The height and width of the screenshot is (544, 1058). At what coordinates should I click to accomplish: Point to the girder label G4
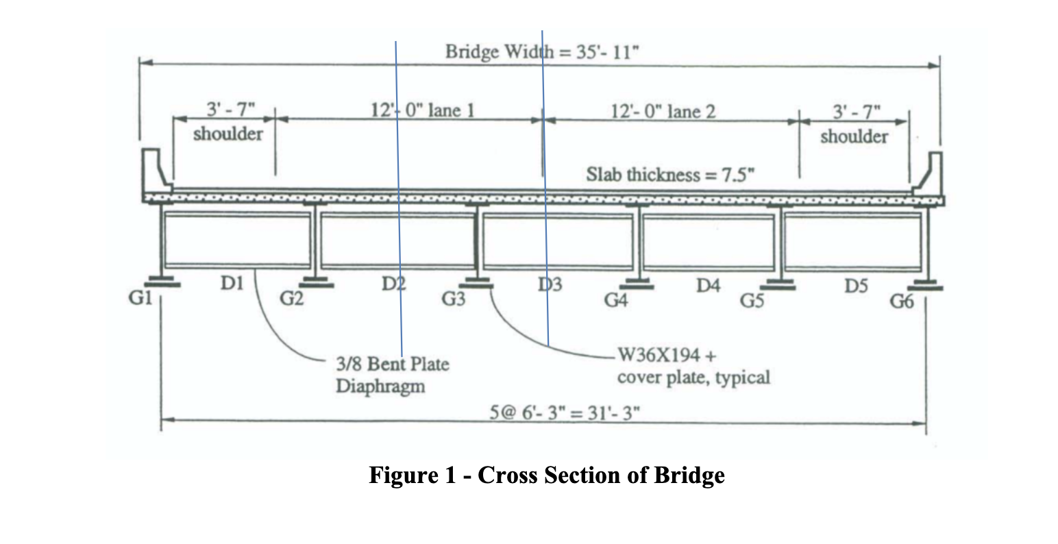tap(615, 299)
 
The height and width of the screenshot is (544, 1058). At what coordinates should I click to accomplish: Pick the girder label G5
tap(752, 300)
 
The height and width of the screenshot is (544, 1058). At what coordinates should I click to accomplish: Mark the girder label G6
tap(902, 301)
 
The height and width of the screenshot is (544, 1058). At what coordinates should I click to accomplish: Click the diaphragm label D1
tap(232, 283)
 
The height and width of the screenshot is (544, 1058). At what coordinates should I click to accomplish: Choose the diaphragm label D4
tap(709, 286)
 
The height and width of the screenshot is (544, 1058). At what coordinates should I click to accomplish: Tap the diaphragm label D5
tap(856, 286)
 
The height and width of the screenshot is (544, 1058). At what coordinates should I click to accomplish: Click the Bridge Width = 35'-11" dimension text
tap(543, 52)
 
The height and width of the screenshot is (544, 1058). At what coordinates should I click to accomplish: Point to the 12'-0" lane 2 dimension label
tap(663, 112)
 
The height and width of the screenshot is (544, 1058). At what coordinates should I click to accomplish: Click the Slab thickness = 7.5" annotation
tap(669, 174)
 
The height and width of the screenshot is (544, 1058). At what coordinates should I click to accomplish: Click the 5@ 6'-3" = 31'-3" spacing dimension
tap(565, 412)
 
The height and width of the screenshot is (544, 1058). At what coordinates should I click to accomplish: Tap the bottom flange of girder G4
tap(637, 286)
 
